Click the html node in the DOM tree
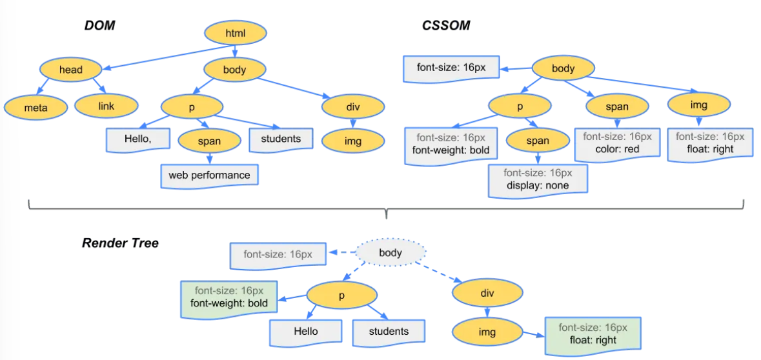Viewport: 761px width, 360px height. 236,34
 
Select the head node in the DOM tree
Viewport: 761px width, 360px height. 71,70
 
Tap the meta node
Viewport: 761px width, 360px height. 36,107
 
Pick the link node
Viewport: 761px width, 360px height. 107,106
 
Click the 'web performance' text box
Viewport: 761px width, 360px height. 210,175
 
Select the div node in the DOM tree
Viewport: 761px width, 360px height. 353,105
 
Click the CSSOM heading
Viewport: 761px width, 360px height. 445,26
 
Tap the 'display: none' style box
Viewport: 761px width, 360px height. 538,180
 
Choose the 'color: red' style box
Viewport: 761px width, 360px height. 617,144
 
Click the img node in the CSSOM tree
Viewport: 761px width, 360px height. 698,105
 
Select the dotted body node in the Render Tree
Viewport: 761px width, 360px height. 391,252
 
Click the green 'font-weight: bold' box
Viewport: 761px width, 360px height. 229,298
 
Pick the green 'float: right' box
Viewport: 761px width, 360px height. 593,334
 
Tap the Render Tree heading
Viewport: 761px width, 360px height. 120,243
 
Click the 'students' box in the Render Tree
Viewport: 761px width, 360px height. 389,332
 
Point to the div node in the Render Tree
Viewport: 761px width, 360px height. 487,292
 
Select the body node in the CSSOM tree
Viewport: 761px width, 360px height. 563,68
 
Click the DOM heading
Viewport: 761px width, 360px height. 100,26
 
